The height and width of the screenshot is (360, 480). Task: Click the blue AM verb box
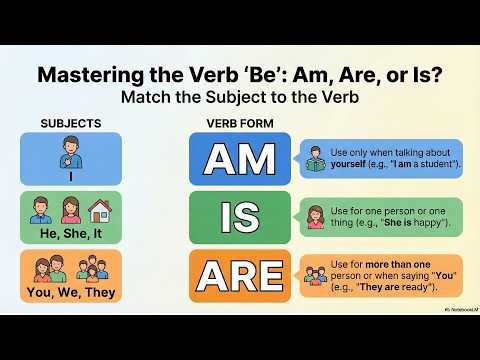coord(239,158)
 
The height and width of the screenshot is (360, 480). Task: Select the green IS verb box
coord(239,217)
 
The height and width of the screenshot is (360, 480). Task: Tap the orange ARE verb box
coord(239,274)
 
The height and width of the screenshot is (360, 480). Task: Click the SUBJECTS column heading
coord(70,123)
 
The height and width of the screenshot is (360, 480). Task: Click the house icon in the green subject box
coord(99,210)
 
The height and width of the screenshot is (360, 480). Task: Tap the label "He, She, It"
coord(70,234)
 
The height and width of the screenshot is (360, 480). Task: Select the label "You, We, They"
coord(70,292)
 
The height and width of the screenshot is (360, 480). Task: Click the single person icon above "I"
coord(70,154)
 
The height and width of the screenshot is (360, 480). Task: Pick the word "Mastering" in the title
coord(88,75)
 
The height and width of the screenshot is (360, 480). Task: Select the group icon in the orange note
coord(317,273)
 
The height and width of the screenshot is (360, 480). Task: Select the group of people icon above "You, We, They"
coord(70,267)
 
